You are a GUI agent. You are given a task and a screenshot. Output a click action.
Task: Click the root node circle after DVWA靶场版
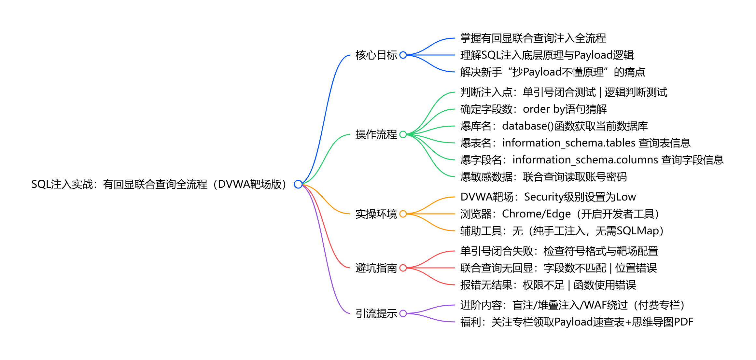click(x=298, y=184)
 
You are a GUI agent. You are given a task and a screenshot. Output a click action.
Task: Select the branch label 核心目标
click(x=376, y=55)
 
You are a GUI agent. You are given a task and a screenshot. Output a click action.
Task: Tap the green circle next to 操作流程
click(x=403, y=134)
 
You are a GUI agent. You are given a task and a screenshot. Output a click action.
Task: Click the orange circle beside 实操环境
click(x=403, y=214)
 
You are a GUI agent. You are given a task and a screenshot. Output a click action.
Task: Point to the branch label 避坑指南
click(x=376, y=268)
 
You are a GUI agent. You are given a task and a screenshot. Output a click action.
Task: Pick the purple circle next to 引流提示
click(x=403, y=313)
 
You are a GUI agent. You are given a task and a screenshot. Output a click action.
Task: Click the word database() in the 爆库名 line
click(x=528, y=126)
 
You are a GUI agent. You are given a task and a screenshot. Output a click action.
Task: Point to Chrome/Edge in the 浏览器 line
click(x=536, y=214)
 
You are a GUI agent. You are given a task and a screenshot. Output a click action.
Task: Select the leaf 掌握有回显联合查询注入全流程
click(x=533, y=38)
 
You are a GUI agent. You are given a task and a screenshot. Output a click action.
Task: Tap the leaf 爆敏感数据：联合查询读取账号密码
click(x=543, y=177)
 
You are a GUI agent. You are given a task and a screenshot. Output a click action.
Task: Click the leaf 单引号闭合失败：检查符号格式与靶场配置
click(x=559, y=251)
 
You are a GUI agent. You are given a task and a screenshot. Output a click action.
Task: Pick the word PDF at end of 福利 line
click(x=683, y=322)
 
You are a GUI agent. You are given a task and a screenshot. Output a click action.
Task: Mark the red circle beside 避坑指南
click(x=403, y=268)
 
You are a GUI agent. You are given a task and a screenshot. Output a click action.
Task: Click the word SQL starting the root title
click(x=41, y=184)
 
